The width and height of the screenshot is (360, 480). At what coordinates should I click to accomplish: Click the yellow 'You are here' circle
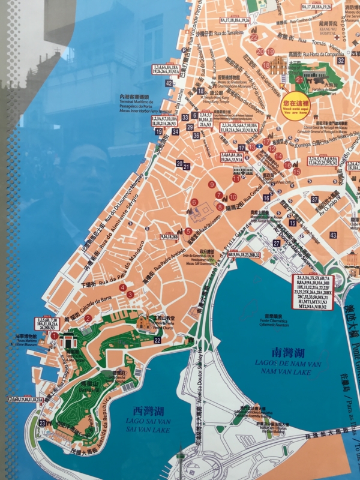[296, 106]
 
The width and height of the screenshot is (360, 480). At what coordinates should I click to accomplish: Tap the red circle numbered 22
[254, 37]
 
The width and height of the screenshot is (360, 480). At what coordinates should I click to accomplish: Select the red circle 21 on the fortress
[301, 80]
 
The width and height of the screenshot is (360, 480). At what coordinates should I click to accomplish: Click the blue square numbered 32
[340, 61]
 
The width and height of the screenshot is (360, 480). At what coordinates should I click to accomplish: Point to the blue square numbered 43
[334, 235]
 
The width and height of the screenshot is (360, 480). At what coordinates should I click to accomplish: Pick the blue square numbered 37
[314, 199]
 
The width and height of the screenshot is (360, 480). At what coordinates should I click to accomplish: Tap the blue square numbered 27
[277, 243]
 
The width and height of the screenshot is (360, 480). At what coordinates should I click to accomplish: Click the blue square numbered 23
[42, 423]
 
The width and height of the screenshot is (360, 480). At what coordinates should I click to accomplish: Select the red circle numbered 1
[55, 336]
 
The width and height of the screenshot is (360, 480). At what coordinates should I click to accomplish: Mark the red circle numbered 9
[212, 184]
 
